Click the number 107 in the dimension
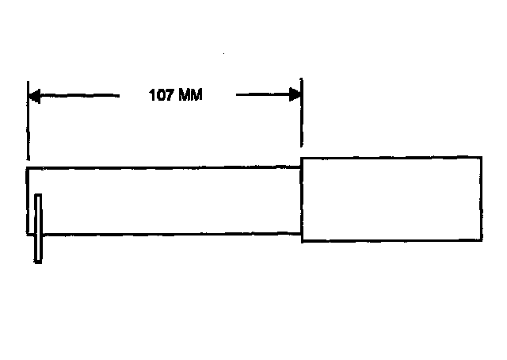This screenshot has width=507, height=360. click(161, 96)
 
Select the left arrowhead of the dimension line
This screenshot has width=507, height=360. click(34, 96)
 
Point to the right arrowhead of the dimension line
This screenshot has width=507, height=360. click(295, 96)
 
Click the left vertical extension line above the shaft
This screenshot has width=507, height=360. click(28, 127)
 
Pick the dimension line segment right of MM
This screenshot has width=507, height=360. click(261, 96)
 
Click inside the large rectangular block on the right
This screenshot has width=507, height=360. click(391, 198)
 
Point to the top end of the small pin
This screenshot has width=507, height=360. click(37, 195)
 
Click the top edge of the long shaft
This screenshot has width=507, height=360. click(158, 167)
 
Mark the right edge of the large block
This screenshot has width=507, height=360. click(481, 198)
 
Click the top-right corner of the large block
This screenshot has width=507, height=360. click(481, 157)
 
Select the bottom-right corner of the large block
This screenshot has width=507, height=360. click(481, 240)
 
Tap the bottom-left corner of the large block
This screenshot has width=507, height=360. click(302, 240)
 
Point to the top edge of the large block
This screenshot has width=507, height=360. click(391, 157)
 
